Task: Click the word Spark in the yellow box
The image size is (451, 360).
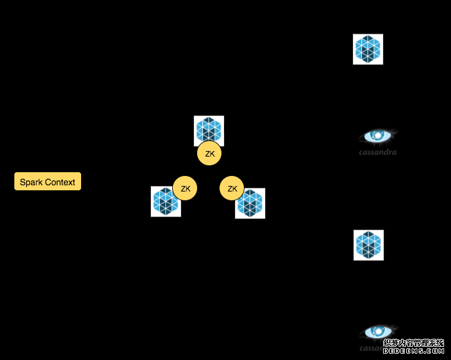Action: click(x=31, y=182)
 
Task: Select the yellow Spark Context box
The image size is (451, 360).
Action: click(x=47, y=182)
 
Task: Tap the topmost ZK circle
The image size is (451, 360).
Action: click(x=210, y=153)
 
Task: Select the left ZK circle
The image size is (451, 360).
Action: click(x=185, y=188)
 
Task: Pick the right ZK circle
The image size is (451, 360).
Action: click(x=232, y=188)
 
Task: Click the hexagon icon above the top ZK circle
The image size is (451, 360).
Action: click(x=209, y=130)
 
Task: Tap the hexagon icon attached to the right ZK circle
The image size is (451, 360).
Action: click(x=250, y=203)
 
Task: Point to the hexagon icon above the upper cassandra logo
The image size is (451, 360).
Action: click(x=368, y=49)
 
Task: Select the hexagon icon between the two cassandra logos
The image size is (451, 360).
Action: click(x=369, y=245)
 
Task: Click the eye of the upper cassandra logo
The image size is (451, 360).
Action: click(x=378, y=135)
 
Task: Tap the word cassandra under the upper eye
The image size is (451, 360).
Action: click(x=377, y=152)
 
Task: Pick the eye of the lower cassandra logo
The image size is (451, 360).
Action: click(x=378, y=331)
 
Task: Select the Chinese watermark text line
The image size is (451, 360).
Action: click(x=413, y=343)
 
